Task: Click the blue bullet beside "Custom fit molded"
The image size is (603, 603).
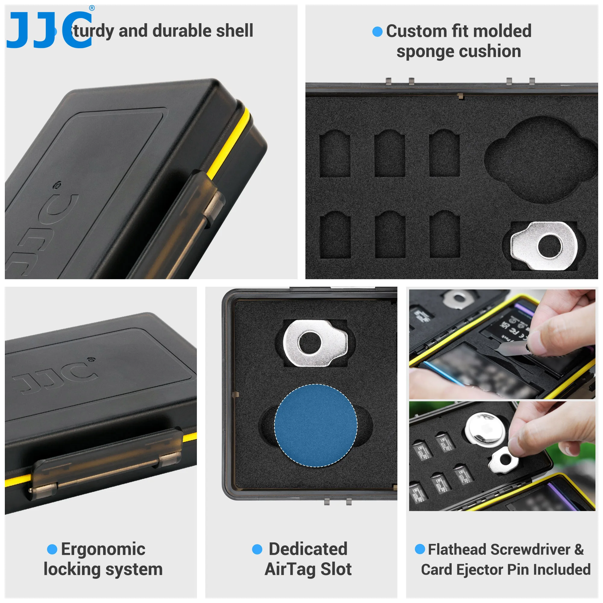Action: [x=377, y=32]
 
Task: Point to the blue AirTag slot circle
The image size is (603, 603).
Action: [x=316, y=425]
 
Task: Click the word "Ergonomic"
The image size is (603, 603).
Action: [x=103, y=549]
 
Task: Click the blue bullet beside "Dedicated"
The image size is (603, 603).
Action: [x=257, y=549]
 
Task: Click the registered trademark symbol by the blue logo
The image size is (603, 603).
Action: [x=92, y=8]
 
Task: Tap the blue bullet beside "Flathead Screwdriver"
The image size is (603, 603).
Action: [x=420, y=549]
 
